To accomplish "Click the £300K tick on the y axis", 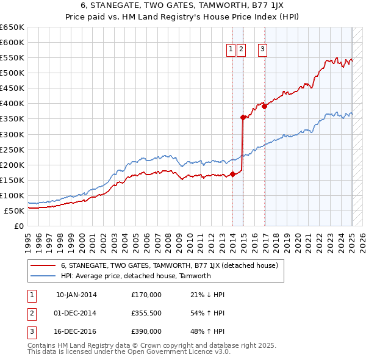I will tap(12, 134).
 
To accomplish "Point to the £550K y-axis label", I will tap(12, 57).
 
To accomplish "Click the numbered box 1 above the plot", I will tap(232, 50).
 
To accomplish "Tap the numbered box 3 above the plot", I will tap(263, 50).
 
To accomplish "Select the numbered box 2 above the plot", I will tap(242, 50).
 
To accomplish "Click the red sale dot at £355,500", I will tap(243, 117).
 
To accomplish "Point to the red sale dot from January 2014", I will tap(233, 174).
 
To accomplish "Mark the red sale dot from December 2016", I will tap(265, 106).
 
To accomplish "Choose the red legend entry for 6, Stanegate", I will tap(170, 265).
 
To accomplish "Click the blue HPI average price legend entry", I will tap(135, 276).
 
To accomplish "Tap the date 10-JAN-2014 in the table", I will tap(76, 295).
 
